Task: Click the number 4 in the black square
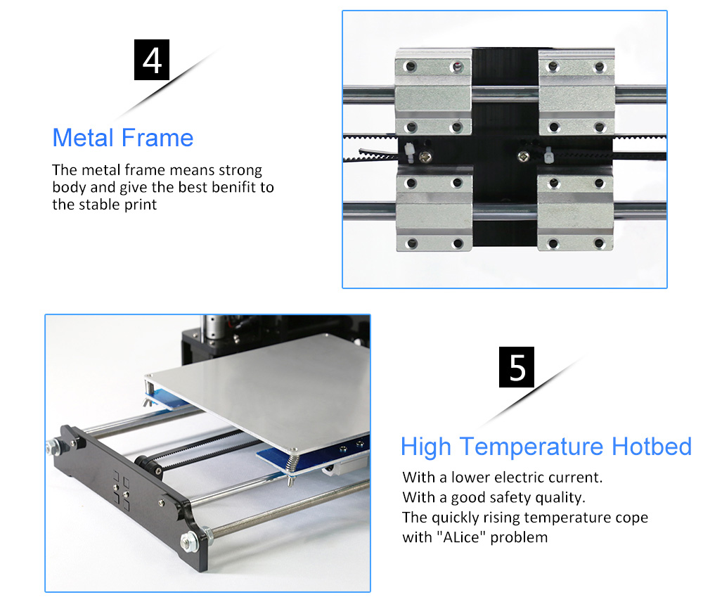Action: (x=152, y=60)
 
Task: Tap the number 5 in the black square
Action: (x=517, y=367)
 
